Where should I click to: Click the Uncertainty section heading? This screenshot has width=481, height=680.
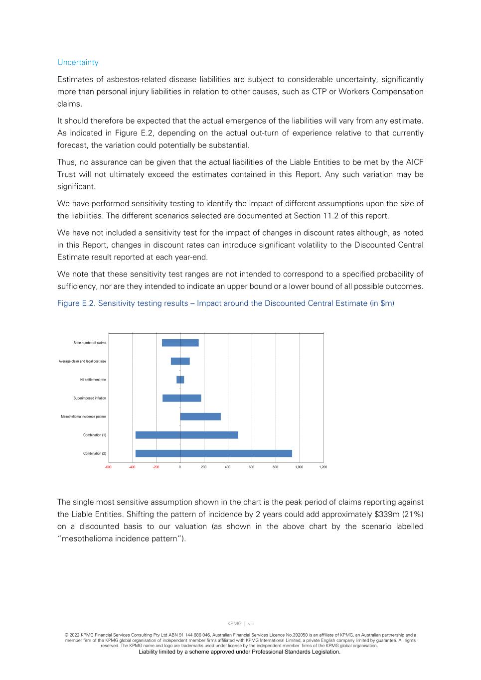point(78,62)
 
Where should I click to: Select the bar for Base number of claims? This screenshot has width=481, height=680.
point(180,343)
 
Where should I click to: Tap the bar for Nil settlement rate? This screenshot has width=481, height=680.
point(180,380)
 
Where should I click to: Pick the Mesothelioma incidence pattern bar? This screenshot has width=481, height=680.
point(200,416)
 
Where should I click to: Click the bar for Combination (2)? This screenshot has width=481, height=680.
point(213,453)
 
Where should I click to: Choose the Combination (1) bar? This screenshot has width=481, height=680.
point(186,435)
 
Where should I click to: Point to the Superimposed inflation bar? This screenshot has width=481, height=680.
point(181,398)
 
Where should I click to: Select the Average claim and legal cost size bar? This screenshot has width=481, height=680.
point(180,361)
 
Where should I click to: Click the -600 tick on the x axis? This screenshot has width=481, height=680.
point(108,467)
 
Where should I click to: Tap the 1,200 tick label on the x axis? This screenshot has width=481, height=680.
point(323,467)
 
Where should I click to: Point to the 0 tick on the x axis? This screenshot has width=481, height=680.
point(180,467)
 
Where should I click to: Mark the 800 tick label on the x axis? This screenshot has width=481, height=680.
point(275,467)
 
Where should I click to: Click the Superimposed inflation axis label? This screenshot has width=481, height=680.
point(90,398)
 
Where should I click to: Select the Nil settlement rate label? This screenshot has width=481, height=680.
point(93,380)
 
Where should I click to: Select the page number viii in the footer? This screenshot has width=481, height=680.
point(251,623)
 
